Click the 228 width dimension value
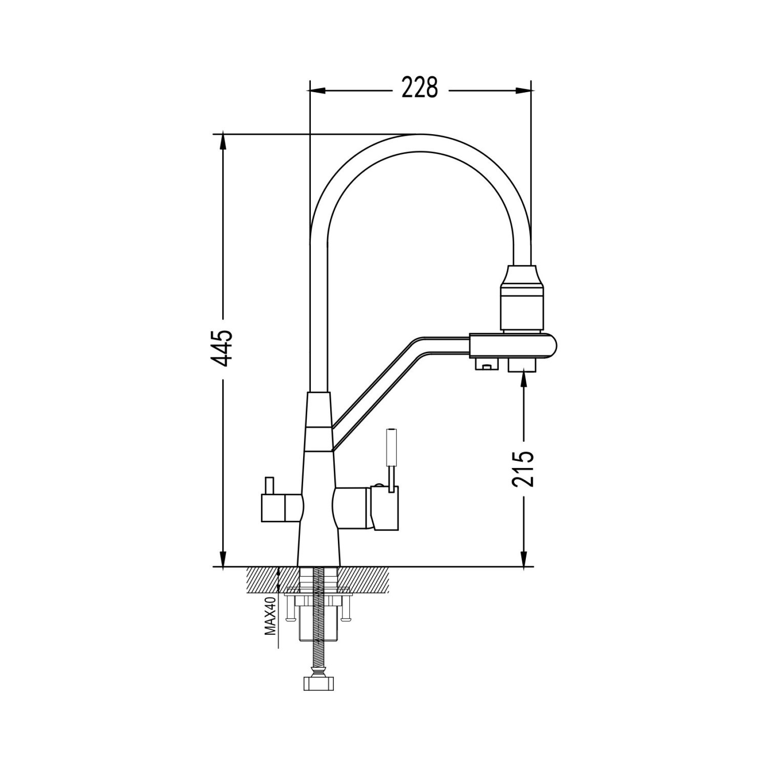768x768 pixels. (420, 88)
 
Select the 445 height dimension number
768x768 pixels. (223, 348)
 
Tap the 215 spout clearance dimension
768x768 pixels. (523, 468)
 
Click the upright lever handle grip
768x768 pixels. (391, 446)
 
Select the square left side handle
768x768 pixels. (282, 507)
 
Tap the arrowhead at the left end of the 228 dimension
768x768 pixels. (318, 91)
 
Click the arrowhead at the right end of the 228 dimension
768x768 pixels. (522, 91)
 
